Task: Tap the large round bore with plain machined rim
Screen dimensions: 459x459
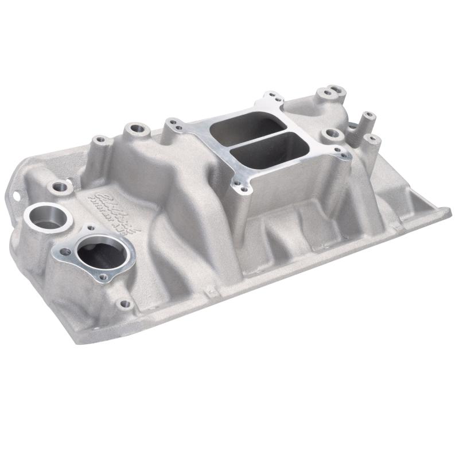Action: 48,217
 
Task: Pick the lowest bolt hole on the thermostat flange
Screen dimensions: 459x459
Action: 103,277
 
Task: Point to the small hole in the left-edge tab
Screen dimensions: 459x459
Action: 15,193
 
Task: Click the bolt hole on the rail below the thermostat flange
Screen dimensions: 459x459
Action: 125,304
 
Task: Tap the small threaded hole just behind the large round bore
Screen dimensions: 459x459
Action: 59,186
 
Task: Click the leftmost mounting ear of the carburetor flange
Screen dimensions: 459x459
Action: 171,122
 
